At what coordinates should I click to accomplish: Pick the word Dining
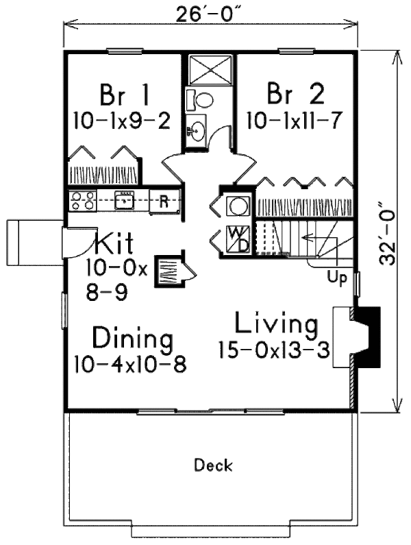coord(132,339)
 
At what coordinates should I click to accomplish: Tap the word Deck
coord(213,466)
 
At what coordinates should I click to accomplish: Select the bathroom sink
coord(197,130)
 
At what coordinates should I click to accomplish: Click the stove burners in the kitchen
coord(82,201)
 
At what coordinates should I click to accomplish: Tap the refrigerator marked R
coord(164,201)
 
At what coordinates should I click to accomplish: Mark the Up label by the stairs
coord(337,278)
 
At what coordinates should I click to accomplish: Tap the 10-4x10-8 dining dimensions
coord(130,363)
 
